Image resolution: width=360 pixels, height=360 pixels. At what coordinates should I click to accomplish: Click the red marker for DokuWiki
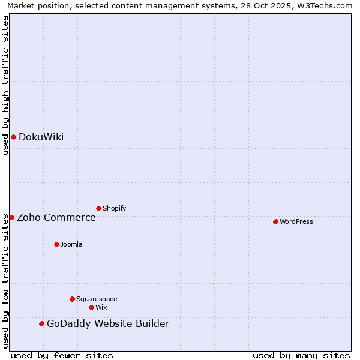point(13,137)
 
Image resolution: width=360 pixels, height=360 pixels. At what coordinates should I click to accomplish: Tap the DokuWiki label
point(41,137)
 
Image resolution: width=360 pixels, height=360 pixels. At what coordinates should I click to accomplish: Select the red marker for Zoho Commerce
point(11,217)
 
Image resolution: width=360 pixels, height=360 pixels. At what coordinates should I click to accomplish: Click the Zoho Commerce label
point(56,217)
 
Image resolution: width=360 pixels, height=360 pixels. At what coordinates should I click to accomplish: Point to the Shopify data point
point(98,208)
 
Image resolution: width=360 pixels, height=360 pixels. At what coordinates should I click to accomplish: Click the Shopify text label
point(114,208)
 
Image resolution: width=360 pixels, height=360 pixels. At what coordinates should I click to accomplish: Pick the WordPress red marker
point(275,221)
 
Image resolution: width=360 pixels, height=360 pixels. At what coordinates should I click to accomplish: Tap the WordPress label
point(296,221)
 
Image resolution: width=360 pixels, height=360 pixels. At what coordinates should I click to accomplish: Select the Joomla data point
point(56,244)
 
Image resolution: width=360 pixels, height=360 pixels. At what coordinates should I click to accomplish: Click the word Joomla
point(71,244)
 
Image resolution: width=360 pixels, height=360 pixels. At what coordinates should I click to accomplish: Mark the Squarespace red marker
point(72,299)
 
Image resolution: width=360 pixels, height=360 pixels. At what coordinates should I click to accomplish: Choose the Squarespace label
point(97,299)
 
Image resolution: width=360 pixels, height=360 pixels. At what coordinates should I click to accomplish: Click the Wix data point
point(91,307)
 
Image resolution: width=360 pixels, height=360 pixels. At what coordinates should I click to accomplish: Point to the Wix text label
point(101,307)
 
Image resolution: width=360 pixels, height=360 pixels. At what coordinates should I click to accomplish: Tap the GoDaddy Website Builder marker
point(41,323)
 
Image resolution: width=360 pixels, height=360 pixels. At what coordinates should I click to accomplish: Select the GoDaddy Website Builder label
point(108,324)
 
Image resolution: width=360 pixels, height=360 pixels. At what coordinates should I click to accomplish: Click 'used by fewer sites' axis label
point(62,355)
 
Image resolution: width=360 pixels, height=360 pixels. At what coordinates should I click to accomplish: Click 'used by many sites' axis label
point(301,355)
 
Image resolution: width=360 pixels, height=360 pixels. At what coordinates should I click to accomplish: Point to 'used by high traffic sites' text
point(5,85)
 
